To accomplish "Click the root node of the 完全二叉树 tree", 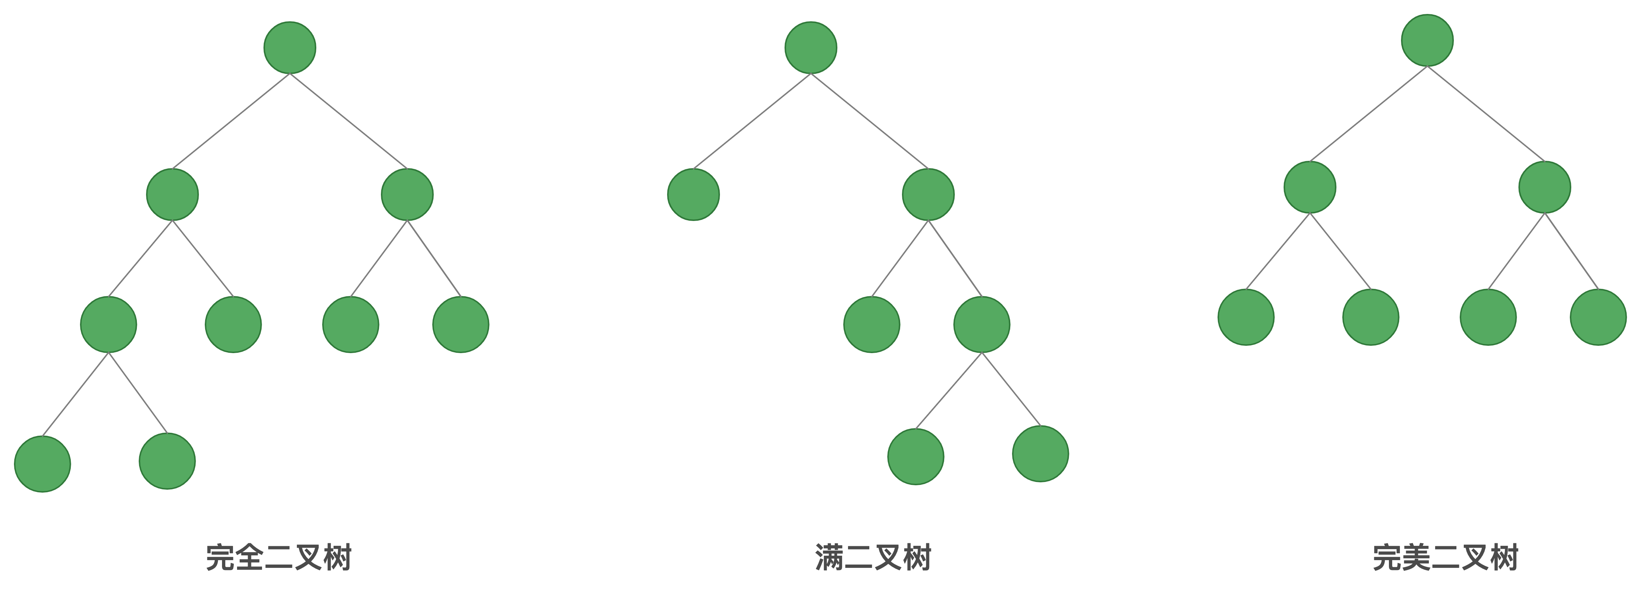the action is click(290, 48).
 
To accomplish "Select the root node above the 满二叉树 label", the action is click(810, 48).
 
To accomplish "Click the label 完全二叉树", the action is click(279, 558).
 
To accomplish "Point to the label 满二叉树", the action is click(873, 558).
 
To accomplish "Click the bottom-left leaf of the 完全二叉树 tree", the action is click(43, 464).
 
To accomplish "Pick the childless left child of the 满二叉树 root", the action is click(693, 194).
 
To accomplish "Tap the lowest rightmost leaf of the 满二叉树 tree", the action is click(1040, 454).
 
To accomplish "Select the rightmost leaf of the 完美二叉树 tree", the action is click(1598, 317).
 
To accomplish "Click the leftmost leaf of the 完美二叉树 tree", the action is click(1246, 317).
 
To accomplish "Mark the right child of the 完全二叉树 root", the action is click(407, 194).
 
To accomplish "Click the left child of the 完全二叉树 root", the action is click(172, 194).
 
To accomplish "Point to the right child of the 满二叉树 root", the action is click(928, 194).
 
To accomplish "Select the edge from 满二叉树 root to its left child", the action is click(752, 121).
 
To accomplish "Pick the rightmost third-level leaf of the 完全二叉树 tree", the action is click(461, 324).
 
